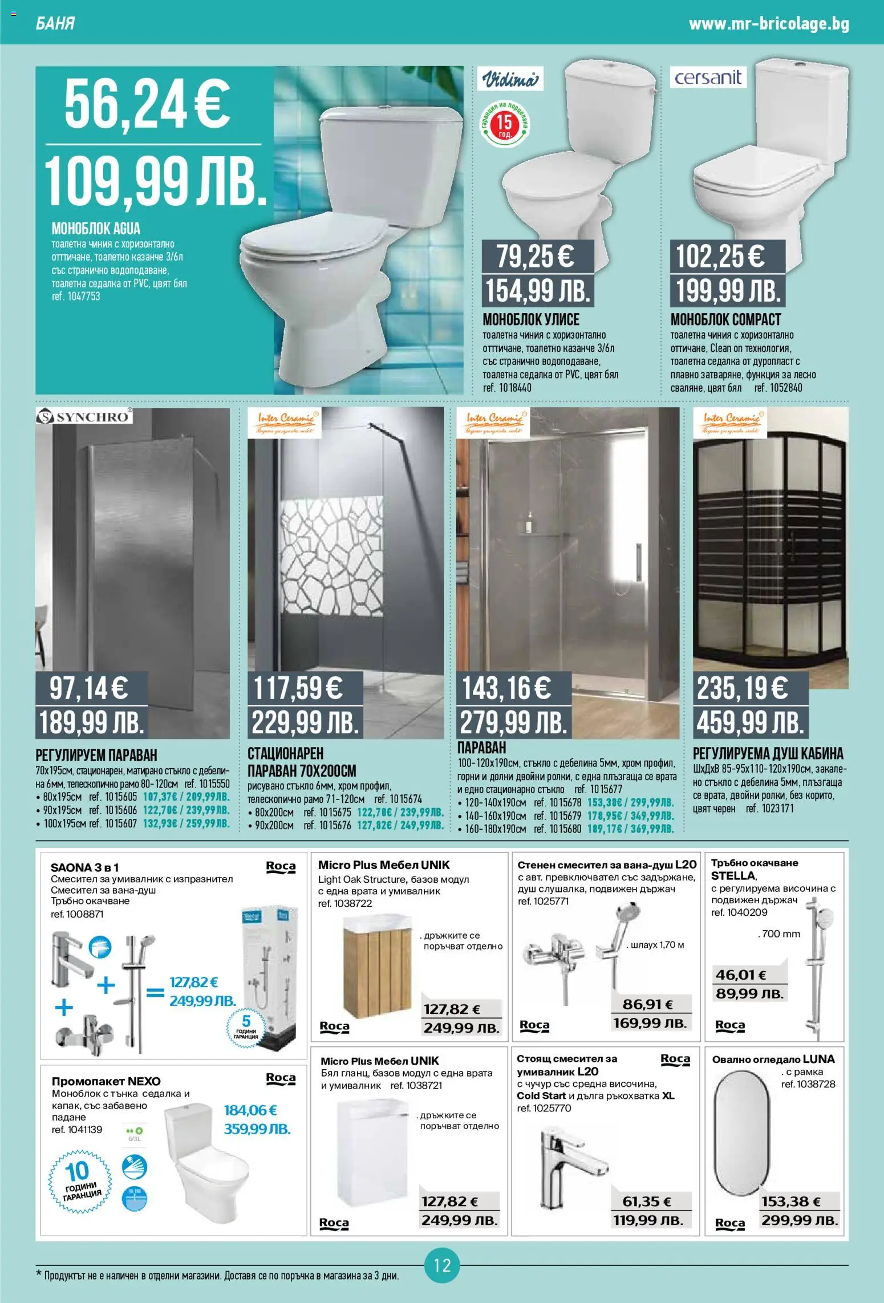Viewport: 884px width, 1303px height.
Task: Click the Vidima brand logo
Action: point(510,79)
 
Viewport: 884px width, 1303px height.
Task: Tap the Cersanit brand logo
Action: point(708,77)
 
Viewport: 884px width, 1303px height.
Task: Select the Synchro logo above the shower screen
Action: point(84,416)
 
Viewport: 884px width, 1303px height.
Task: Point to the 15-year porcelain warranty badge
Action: point(504,124)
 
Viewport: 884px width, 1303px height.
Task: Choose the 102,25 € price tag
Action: point(720,256)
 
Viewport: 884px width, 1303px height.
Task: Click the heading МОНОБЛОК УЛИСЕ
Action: point(530,319)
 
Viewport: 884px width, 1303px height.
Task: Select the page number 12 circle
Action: point(442,1265)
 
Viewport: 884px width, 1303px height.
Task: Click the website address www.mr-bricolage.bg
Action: point(769,24)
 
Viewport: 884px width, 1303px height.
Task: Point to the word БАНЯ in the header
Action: point(55,24)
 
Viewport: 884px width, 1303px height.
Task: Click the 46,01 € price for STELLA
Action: point(741,975)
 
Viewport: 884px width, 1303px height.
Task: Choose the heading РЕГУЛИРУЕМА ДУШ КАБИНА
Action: point(768,753)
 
